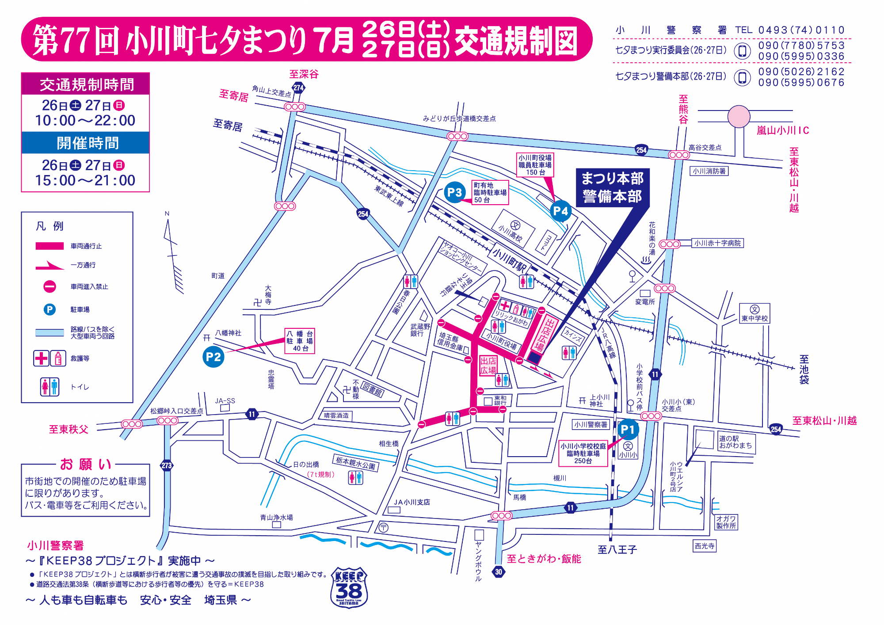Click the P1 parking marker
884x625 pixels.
coord(628,429)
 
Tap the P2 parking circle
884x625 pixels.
coord(213,357)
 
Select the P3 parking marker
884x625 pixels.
coord(454,192)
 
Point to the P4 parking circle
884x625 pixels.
coord(560,211)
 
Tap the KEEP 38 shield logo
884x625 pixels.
coord(349,587)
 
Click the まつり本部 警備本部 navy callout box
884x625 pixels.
coord(613,187)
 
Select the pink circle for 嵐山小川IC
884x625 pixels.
coord(739,117)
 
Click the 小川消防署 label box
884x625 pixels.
coord(709,171)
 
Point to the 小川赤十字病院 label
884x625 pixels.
coord(717,243)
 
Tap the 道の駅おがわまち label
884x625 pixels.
coord(735,442)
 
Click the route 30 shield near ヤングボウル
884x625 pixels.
coord(499,572)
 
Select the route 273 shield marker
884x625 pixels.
coord(167,465)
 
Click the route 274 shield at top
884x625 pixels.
coord(298,88)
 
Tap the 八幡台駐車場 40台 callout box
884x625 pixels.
coord(300,341)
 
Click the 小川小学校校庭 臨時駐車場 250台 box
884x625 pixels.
coord(583,454)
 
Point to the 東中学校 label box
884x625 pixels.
coord(754,313)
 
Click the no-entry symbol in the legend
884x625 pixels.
coord(50,286)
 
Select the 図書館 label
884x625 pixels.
coord(373,389)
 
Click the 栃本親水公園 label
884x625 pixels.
coord(355,463)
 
